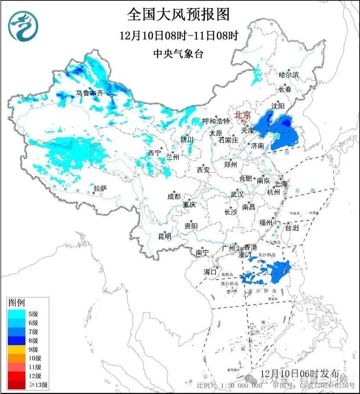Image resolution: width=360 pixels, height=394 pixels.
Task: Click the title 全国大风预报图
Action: pos(178,15)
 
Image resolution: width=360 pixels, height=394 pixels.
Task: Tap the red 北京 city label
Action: pos(242,115)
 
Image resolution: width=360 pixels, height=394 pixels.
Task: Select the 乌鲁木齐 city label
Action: pos(90,93)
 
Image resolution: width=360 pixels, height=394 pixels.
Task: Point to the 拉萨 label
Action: pos(100,188)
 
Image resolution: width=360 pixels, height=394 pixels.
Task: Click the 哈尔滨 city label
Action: pos(289,75)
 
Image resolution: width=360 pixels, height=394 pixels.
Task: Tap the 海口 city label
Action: pos(210,272)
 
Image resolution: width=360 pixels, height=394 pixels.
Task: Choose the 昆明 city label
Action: pos(164,236)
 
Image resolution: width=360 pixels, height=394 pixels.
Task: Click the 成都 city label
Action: pos(174,196)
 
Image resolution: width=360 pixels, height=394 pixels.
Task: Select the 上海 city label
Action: pos(281,184)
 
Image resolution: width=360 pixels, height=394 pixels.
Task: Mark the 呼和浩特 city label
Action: pos(216,121)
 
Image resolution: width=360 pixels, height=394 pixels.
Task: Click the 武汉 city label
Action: pos(237,194)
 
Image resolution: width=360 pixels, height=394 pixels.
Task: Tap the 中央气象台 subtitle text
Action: pos(178,54)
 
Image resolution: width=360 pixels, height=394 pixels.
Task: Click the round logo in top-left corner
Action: pos(24,26)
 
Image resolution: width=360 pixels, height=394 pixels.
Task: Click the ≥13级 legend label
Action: pos(39,384)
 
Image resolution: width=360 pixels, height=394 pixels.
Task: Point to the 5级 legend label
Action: pos(34,313)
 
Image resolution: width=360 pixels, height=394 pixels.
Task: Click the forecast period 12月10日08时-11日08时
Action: pos(179,36)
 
